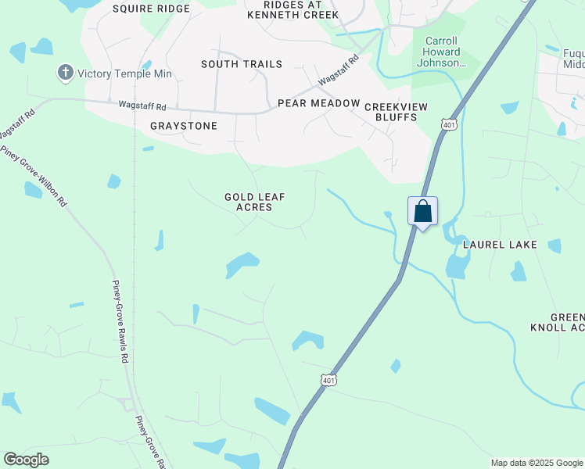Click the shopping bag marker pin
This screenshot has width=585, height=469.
tap(422, 211)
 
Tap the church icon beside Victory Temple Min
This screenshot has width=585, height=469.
tap(65, 73)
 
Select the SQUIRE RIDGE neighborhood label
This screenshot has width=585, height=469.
tap(151, 9)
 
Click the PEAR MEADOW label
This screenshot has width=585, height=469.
tap(318, 103)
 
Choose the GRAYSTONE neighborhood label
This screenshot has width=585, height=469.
tap(184, 125)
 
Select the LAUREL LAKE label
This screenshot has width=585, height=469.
tap(500, 245)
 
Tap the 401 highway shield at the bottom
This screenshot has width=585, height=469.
tap(328, 380)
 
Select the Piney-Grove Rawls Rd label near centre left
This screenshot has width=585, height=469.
tap(120, 321)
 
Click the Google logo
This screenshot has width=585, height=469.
tap(26, 460)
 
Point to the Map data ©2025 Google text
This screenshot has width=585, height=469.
tap(536, 463)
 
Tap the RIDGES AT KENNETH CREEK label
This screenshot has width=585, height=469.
tap(292, 9)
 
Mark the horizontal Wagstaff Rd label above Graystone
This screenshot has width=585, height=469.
tap(142, 106)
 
